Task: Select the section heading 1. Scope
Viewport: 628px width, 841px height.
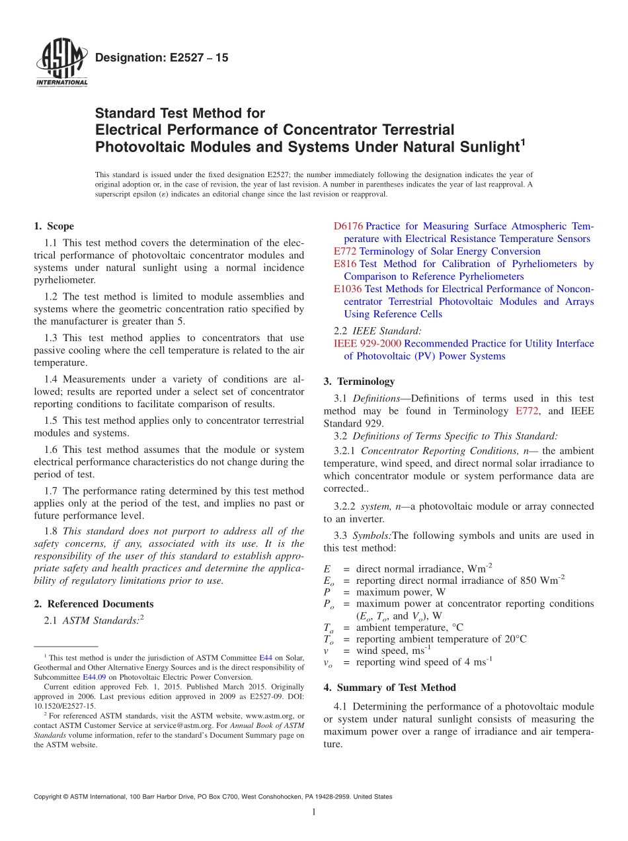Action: click(x=54, y=226)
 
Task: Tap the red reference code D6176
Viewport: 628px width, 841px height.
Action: click(x=348, y=226)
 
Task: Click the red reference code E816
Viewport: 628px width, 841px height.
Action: click(x=345, y=264)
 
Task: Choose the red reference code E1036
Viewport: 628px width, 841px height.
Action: click(x=348, y=289)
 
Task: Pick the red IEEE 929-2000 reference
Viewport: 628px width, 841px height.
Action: click(x=368, y=343)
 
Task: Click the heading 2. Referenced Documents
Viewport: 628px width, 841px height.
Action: click(x=93, y=604)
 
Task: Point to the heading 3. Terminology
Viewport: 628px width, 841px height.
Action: click(x=359, y=381)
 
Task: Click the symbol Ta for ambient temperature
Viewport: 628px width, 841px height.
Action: click(x=329, y=628)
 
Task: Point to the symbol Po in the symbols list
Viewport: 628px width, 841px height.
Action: click(x=329, y=604)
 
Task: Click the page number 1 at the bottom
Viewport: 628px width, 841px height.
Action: click(x=313, y=813)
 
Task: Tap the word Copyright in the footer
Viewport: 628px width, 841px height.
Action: click(x=50, y=797)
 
